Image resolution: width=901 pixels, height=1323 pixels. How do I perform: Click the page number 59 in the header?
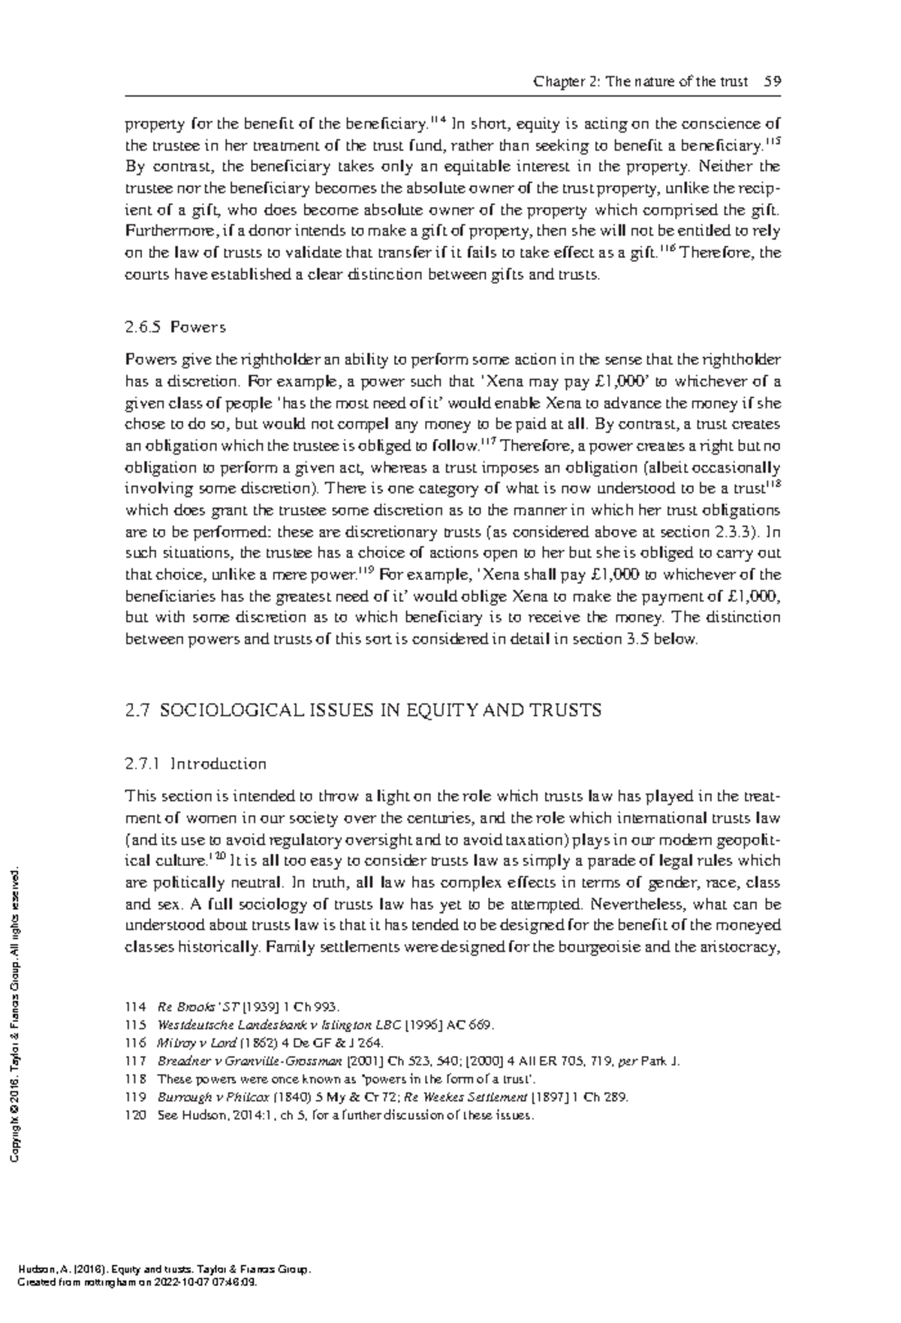point(773,82)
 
